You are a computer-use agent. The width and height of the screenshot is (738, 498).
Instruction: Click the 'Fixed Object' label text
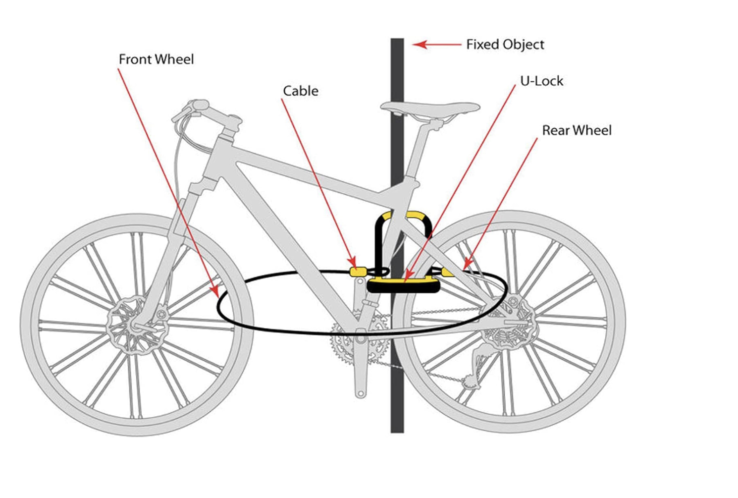click(x=505, y=45)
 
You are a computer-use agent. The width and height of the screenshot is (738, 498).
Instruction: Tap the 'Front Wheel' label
click(x=156, y=59)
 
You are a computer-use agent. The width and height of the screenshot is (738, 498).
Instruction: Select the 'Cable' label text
click(x=300, y=91)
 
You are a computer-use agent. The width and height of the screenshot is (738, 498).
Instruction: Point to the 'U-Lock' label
click(x=541, y=81)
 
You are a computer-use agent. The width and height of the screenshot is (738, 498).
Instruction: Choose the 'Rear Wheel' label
click(x=577, y=130)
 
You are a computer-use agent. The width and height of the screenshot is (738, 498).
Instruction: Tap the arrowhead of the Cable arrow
click(x=353, y=263)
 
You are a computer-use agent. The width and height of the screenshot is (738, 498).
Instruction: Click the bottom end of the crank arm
click(x=361, y=392)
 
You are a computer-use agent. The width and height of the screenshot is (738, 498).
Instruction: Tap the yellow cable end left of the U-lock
click(x=358, y=272)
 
